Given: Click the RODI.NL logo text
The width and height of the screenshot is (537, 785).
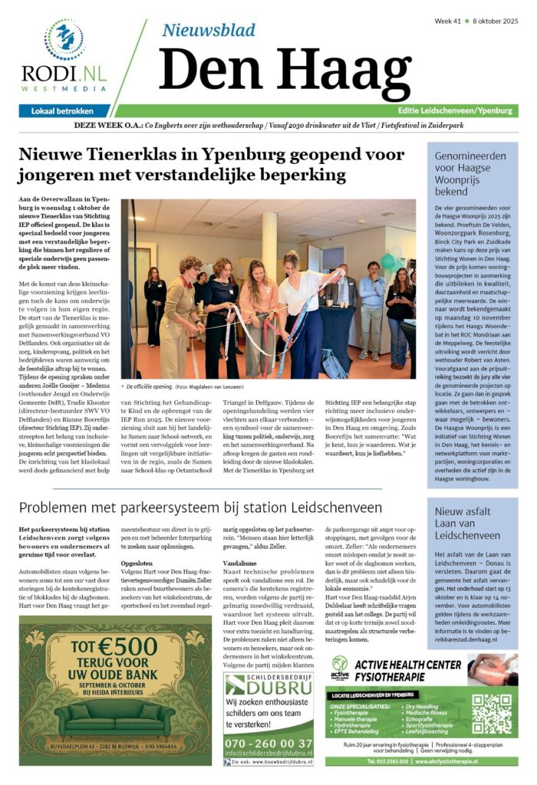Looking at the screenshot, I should (64, 74).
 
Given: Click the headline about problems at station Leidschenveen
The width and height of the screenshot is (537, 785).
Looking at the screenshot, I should (201, 507).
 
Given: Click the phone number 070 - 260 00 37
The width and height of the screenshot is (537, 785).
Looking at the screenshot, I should (268, 743).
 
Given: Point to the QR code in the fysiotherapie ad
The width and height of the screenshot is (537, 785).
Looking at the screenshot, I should (491, 713).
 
